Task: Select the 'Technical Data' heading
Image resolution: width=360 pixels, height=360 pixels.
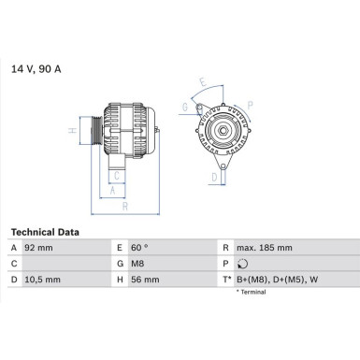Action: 45,231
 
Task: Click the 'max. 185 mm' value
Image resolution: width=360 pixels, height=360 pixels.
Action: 266,249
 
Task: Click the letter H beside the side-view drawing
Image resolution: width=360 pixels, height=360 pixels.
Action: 72,133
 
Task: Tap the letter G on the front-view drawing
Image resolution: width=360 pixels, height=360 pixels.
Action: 186,106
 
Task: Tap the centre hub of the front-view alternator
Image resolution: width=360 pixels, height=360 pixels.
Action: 224,132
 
